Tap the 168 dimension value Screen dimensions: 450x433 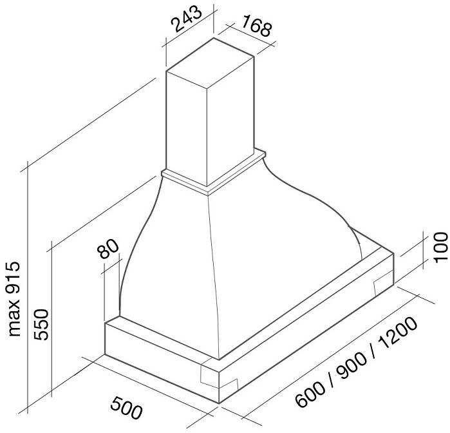256,26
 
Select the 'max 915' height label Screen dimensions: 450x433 14,299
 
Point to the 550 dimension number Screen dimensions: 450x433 41,324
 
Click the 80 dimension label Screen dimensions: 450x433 108,249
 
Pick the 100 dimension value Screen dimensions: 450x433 440,247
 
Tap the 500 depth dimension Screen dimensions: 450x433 126,407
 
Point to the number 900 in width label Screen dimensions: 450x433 352,364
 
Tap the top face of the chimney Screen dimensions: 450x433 210,63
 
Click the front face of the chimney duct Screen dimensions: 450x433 187,130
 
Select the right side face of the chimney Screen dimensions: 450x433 230,120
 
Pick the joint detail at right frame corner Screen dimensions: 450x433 383,283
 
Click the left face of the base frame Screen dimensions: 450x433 162,360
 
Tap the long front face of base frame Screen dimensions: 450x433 306,327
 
